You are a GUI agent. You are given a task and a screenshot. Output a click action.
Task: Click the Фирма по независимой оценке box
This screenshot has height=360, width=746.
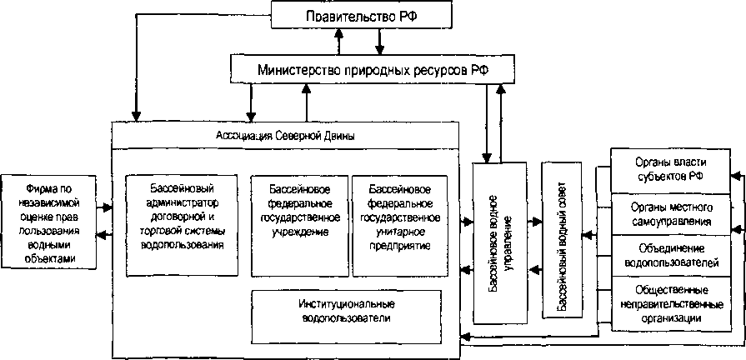48,218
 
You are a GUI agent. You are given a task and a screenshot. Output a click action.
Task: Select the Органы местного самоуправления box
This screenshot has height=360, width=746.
660,213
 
